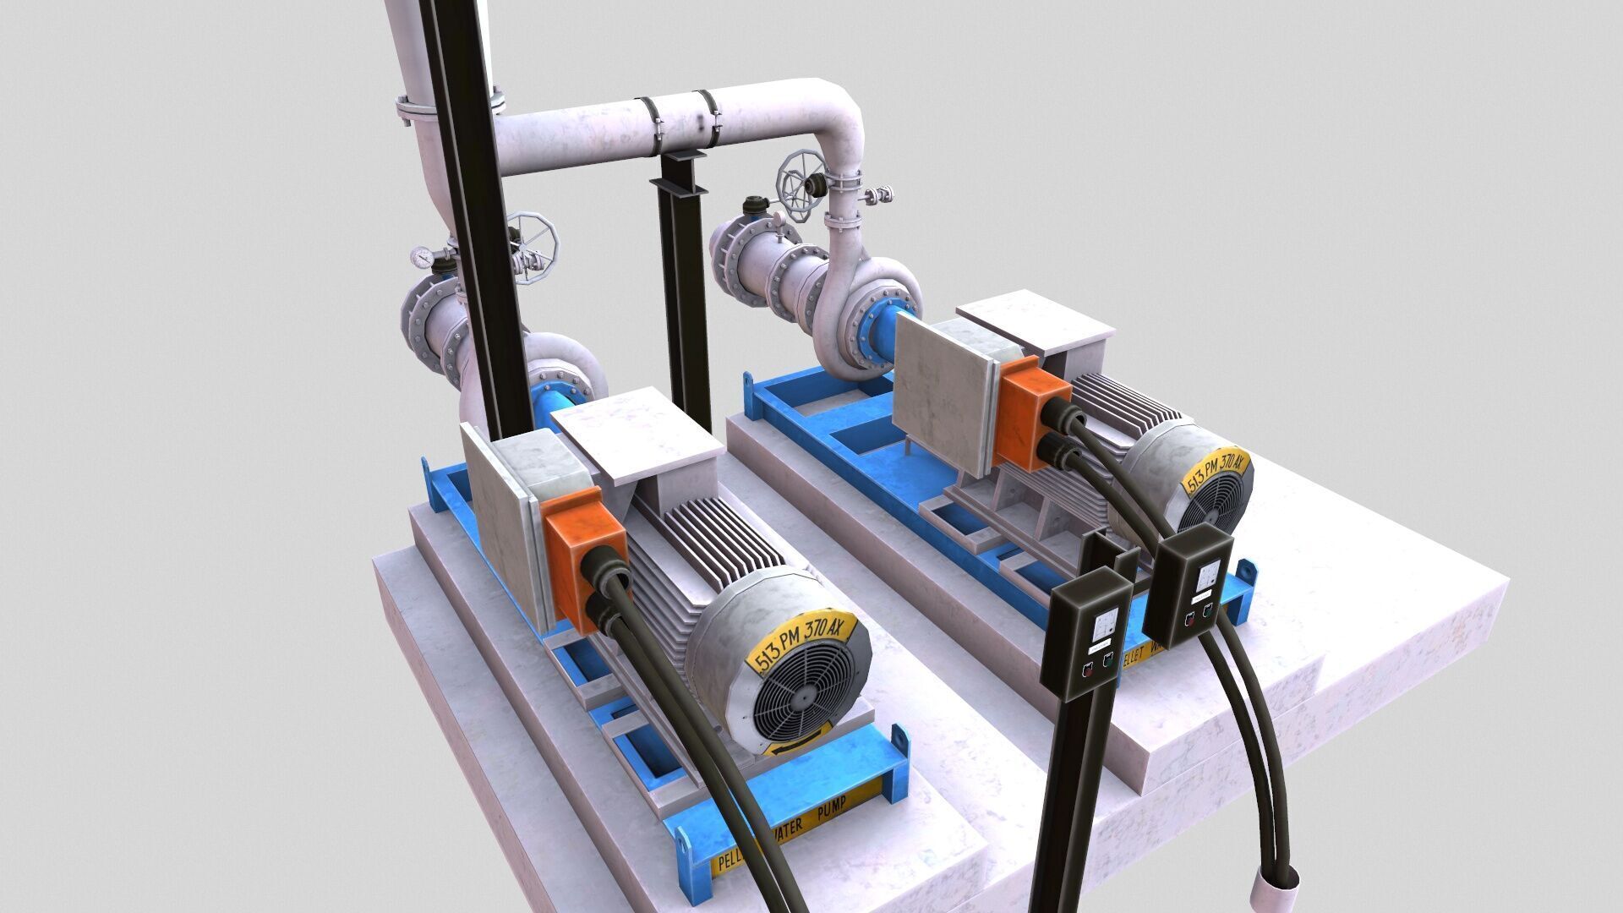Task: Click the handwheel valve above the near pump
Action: (x=531, y=245)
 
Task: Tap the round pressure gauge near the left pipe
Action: (x=420, y=255)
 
